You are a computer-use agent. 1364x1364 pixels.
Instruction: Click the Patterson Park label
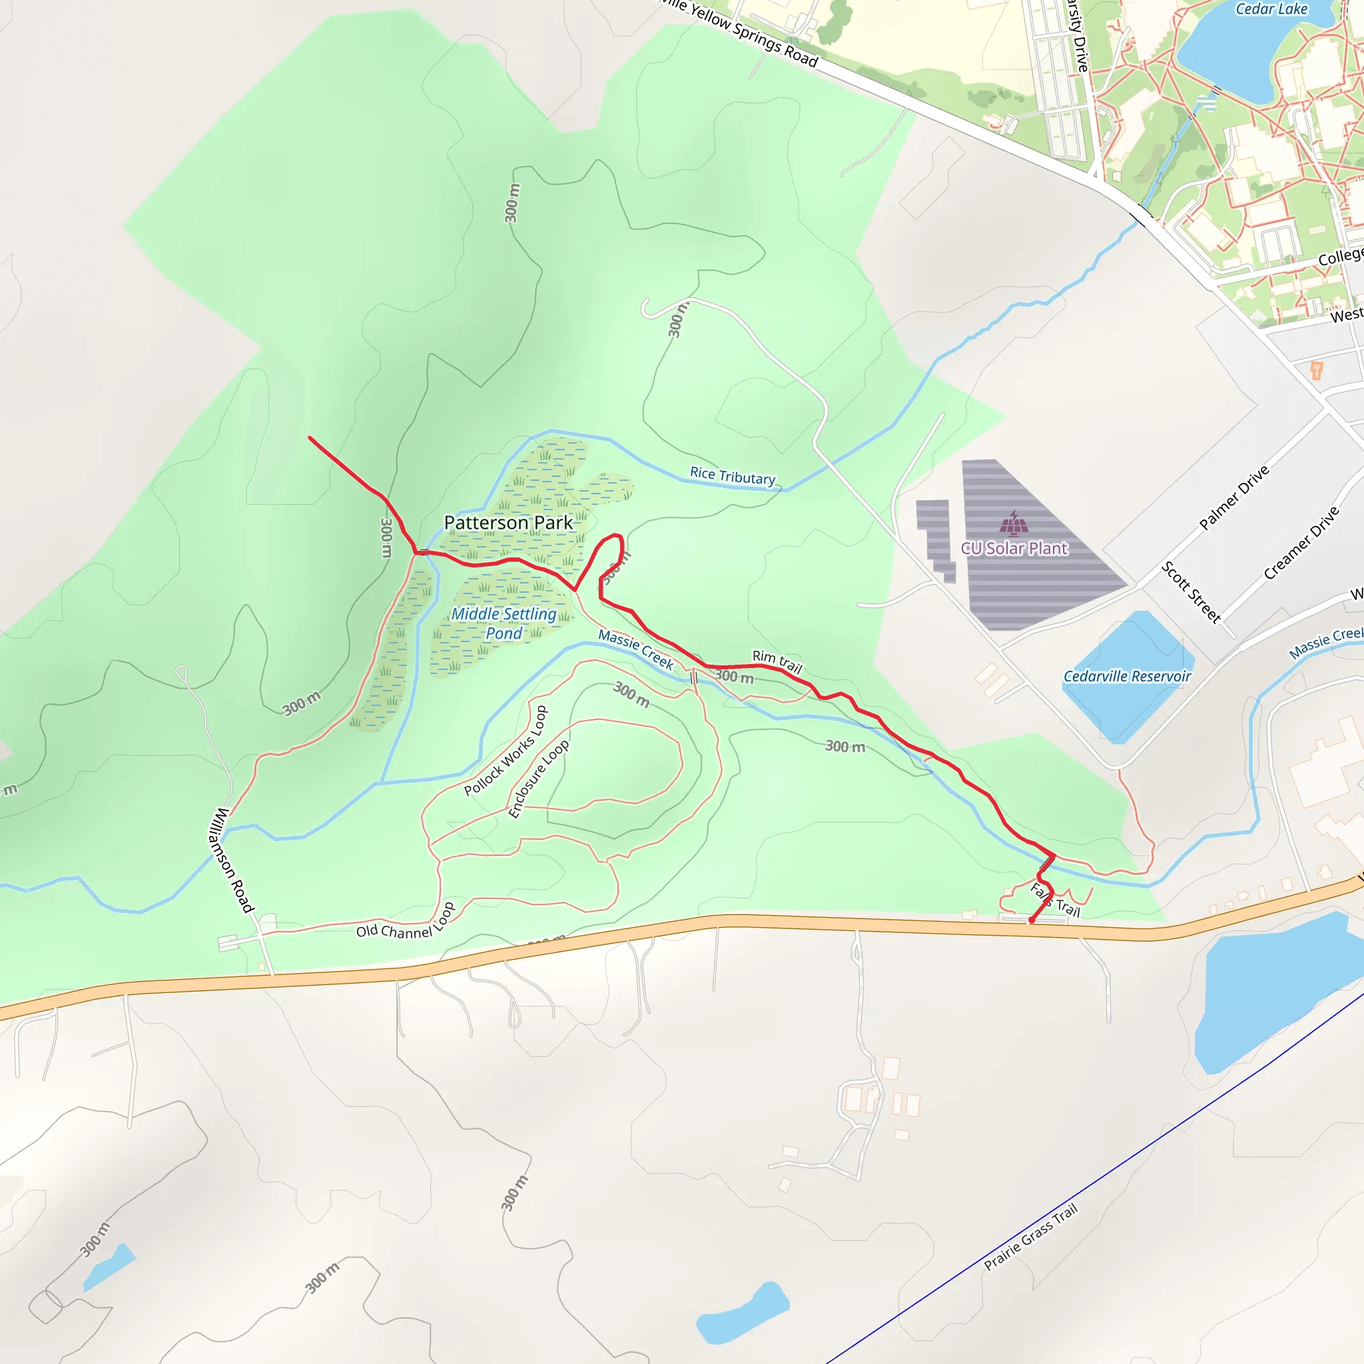pyautogui.click(x=508, y=523)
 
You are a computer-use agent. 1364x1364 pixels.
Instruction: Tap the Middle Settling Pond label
pyautogui.click(x=504, y=623)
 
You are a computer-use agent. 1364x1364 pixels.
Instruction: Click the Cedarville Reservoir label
pyautogui.click(x=1127, y=677)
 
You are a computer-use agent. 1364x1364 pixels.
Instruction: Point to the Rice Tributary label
pyautogui.click(x=732, y=477)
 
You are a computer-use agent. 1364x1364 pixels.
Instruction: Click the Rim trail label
pyautogui.click(x=777, y=661)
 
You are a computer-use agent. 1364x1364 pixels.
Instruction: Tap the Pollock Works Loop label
pyautogui.click(x=506, y=751)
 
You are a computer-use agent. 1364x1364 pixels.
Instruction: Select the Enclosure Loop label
pyautogui.click(x=539, y=779)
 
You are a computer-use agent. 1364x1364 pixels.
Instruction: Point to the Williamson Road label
pyautogui.click(x=230, y=860)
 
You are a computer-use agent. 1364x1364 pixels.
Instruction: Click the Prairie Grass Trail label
pyautogui.click(x=1031, y=1236)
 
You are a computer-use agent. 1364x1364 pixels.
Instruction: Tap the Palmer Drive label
pyautogui.click(x=1234, y=498)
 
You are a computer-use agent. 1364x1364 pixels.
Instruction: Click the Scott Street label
pyautogui.click(x=1191, y=591)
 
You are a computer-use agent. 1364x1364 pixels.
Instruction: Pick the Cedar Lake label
pyautogui.click(x=1271, y=9)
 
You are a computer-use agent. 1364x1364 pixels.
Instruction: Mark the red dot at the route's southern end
pyautogui.click(x=1032, y=920)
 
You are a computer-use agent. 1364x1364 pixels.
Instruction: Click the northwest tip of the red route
pyautogui.click(x=310, y=438)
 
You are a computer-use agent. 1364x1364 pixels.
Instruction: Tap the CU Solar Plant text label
pyautogui.click(x=1014, y=549)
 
